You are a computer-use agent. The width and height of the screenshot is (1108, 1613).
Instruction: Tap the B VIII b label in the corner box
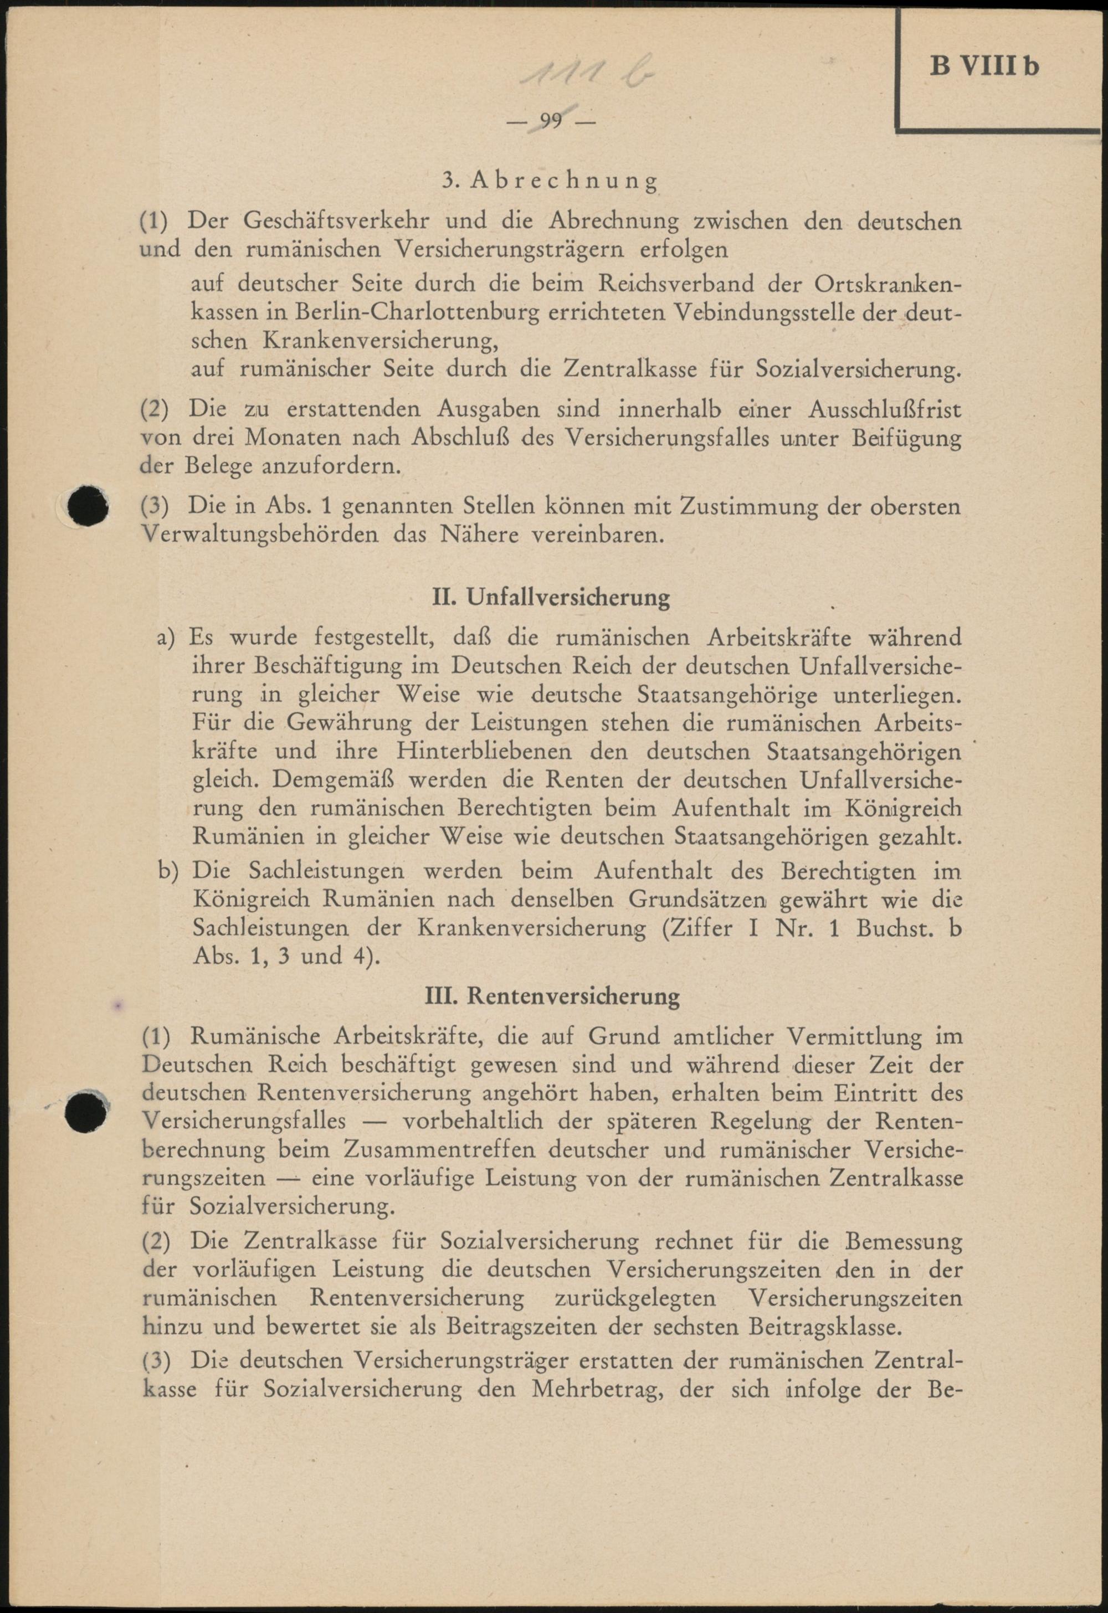coord(984,66)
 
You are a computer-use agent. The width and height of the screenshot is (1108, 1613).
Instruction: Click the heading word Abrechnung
coord(563,181)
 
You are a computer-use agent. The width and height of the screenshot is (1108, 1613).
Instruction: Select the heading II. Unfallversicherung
coord(551,597)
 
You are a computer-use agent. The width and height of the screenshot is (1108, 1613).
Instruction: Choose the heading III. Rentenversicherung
coord(552,996)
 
